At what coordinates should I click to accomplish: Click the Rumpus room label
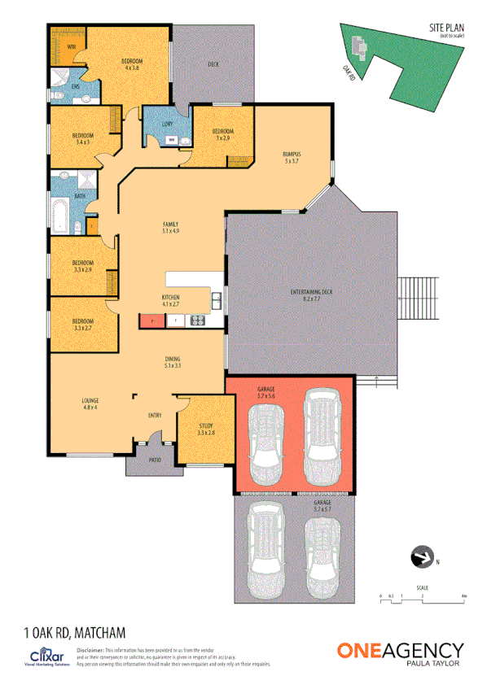click(292, 157)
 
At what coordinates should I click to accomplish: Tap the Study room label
click(205, 429)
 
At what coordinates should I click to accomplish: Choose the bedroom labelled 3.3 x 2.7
click(82, 325)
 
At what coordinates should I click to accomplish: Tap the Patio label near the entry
click(155, 460)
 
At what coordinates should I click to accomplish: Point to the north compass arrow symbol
click(422, 557)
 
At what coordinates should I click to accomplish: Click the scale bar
click(422, 600)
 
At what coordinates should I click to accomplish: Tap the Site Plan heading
click(446, 28)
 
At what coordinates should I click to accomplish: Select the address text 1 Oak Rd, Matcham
click(75, 631)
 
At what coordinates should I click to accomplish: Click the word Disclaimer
click(90, 652)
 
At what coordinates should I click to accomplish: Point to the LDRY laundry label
click(167, 124)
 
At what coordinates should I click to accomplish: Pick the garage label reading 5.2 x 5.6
click(266, 393)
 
